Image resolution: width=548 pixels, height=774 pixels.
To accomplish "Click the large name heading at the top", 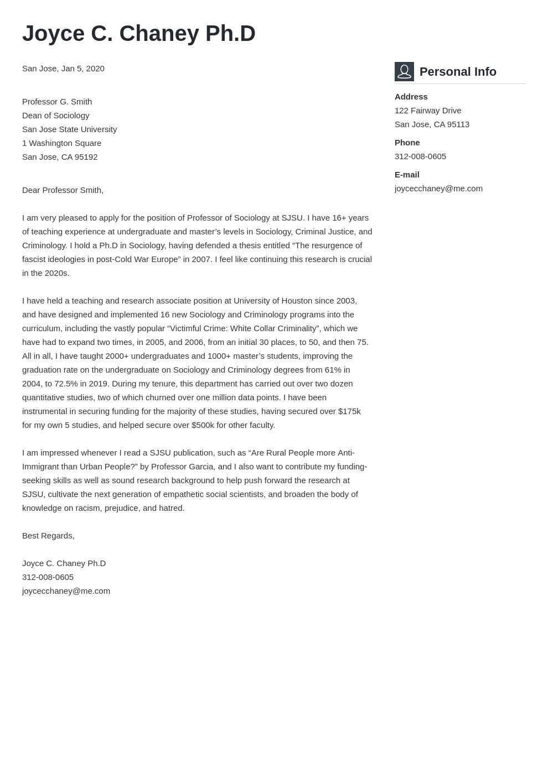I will point(138,34).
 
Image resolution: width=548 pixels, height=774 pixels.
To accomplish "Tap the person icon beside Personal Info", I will point(404,72).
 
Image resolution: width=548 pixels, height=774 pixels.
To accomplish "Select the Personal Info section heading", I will point(458,72).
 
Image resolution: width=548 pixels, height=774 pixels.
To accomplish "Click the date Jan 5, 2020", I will point(82,69).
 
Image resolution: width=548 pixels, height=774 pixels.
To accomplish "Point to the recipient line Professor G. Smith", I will point(57,102).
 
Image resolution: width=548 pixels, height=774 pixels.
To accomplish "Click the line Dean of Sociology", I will point(55,116).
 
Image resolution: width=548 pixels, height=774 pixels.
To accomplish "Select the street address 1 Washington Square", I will point(61,143).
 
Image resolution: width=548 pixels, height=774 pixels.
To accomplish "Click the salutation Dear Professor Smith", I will point(63,190).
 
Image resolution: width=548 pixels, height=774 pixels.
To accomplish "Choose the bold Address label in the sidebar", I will point(411,97).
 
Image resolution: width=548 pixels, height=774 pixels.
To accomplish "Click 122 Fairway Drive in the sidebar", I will point(427,111).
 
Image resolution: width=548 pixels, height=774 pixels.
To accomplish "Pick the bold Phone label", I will point(407,143).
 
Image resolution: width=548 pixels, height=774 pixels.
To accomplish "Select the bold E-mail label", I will point(406,175).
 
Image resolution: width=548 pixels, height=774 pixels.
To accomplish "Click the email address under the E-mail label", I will point(438,189).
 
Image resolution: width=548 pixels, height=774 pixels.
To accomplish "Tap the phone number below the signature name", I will point(48,577).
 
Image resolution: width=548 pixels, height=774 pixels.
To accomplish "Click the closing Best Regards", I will point(48,536).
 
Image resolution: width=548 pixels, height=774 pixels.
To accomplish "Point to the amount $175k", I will point(349,411).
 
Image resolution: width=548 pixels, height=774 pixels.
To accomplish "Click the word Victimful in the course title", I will point(187,328).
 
